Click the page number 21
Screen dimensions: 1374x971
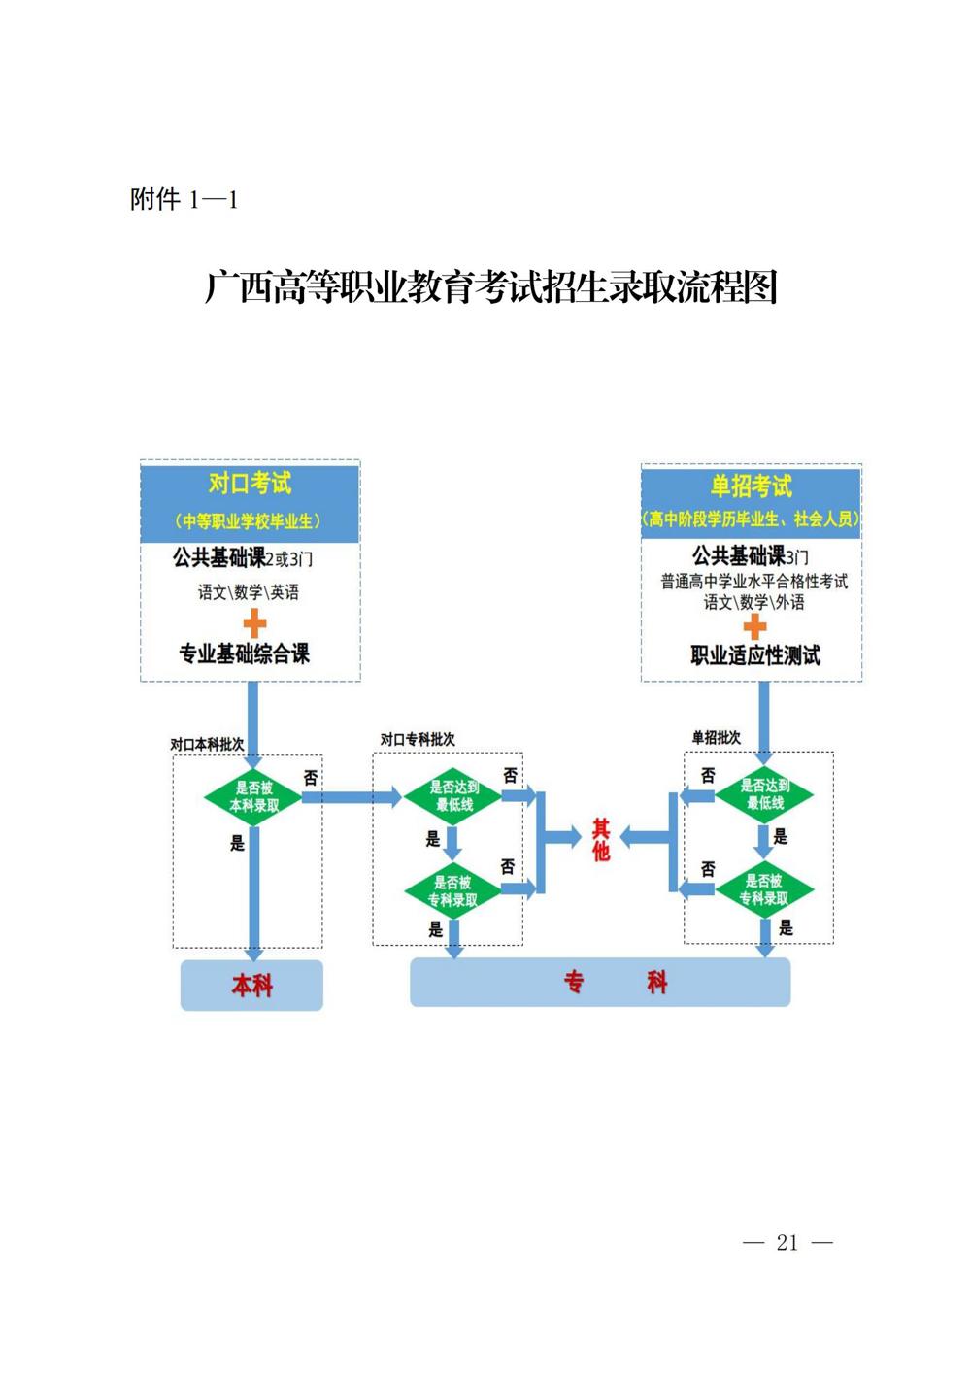(x=787, y=1242)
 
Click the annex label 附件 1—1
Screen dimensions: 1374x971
(x=184, y=200)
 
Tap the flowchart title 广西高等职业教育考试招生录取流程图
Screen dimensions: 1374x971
(x=491, y=287)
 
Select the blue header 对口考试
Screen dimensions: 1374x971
(x=250, y=484)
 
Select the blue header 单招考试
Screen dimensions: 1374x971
(x=751, y=486)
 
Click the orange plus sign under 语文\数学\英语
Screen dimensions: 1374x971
(x=253, y=622)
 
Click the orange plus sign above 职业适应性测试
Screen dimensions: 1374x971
(x=754, y=626)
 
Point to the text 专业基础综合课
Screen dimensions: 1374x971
(x=244, y=653)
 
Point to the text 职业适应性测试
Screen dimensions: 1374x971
(x=755, y=655)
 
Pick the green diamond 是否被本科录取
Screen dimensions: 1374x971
(x=253, y=797)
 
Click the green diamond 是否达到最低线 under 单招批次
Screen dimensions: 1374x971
(x=765, y=794)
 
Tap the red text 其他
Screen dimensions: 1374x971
(x=601, y=840)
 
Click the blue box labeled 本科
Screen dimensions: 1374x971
(x=251, y=986)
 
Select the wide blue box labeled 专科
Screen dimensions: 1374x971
(x=600, y=983)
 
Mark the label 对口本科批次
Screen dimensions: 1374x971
(x=207, y=744)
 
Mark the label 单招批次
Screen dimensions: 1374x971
(x=716, y=738)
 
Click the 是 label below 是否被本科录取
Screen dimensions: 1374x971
(x=238, y=843)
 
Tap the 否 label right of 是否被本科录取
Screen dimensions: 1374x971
(x=311, y=778)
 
